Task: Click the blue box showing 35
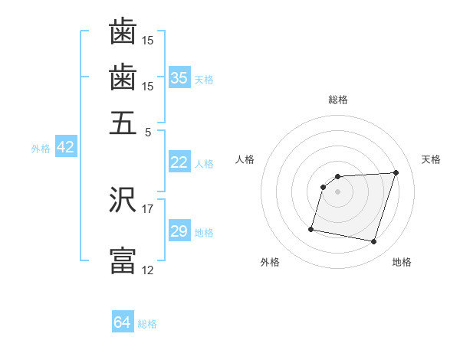[x=179, y=78]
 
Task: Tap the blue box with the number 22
[x=179, y=162]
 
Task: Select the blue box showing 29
[x=179, y=231]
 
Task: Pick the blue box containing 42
[x=65, y=147]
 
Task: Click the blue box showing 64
[x=122, y=322]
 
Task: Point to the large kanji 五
[x=123, y=123]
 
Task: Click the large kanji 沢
[x=123, y=201]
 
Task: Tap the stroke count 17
[x=147, y=208]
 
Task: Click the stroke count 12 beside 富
[x=147, y=269]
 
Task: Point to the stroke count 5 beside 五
[x=147, y=131]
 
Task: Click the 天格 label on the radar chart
[x=431, y=159]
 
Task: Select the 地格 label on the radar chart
[x=402, y=263]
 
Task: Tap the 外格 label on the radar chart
[x=270, y=263]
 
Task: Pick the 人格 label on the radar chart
[x=245, y=159]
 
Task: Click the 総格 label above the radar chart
[x=337, y=100]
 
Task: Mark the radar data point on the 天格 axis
[x=396, y=172]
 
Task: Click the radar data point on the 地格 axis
[x=373, y=242]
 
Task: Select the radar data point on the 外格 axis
[x=311, y=228]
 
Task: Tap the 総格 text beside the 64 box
[x=147, y=324]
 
